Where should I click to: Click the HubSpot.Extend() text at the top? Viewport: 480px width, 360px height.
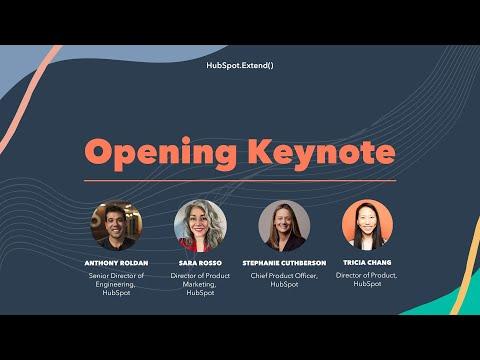(240, 65)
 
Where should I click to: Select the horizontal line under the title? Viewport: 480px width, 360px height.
(240, 181)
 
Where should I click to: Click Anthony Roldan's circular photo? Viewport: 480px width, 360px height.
(116, 225)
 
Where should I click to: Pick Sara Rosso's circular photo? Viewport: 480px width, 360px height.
(200, 226)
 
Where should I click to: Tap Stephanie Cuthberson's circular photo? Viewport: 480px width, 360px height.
(284, 226)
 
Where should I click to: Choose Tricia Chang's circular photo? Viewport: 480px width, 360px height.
(367, 225)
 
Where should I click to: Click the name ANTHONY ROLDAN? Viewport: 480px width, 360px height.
(116, 263)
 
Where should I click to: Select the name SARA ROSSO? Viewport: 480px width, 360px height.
(200, 263)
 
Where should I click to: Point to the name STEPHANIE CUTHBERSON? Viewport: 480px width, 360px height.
(284, 263)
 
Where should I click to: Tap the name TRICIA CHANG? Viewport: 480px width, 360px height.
(367, 262)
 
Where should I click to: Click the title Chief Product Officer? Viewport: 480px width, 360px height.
(284, 276)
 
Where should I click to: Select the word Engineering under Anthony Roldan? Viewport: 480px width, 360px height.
(115, 284)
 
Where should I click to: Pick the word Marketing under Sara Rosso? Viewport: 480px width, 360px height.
(199, 284)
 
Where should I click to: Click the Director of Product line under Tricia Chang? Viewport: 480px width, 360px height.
(366, 275)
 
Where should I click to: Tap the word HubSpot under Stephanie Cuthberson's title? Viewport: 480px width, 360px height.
(284, 284)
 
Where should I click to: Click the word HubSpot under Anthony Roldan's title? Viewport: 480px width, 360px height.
(116, 293)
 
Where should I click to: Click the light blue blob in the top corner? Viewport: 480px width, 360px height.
(100, 57)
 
